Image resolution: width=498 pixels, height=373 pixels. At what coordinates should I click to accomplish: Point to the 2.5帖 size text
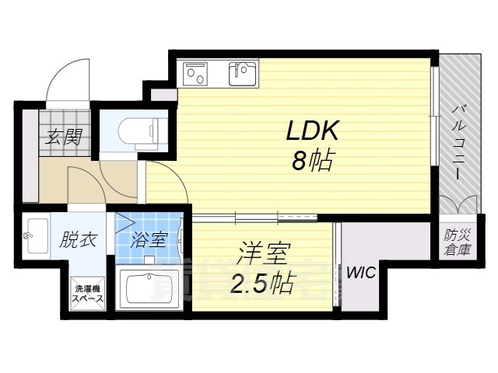pos(262,284)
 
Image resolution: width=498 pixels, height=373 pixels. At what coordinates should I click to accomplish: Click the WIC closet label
pos(359,273)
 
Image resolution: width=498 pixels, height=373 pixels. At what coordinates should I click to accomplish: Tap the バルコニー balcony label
pos(454,145)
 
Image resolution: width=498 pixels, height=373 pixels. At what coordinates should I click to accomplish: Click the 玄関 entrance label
pos(63,138)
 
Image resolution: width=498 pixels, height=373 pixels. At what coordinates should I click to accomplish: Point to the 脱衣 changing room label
pos(78,239)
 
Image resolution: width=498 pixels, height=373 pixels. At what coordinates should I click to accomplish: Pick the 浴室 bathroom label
pos(148,239)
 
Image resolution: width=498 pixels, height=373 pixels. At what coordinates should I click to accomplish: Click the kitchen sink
pos(243,75)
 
